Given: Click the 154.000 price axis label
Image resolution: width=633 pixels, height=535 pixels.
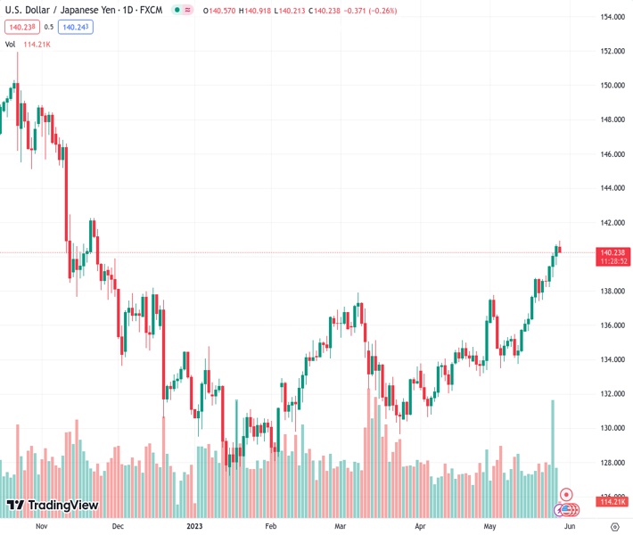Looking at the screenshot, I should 611,17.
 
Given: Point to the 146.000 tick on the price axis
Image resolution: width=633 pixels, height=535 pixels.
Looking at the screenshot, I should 611,154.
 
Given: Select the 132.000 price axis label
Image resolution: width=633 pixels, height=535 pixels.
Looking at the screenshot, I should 611,393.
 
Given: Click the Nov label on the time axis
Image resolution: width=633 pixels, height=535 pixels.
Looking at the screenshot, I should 41,526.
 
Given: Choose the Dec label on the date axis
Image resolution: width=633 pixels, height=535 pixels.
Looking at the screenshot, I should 118,526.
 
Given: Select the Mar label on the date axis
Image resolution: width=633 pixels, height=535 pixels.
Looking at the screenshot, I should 340,526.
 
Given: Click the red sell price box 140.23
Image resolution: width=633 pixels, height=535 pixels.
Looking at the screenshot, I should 20,27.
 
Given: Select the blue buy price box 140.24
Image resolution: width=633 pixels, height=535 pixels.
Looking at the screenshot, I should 77,27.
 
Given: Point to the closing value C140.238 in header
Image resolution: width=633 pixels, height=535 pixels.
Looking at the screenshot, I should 305,11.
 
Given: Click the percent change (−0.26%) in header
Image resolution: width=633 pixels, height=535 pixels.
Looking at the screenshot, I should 379,11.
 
